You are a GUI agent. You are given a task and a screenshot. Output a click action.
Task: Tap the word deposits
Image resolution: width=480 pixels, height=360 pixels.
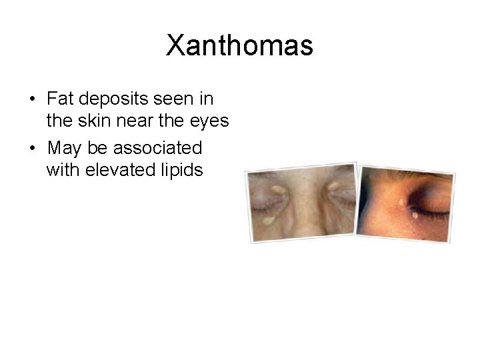click(x=113, y=99)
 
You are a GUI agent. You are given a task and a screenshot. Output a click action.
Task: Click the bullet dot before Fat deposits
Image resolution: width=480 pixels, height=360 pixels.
click(x=33, y=100)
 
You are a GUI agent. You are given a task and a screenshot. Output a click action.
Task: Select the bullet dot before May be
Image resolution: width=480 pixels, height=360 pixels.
click(x=33, y=147)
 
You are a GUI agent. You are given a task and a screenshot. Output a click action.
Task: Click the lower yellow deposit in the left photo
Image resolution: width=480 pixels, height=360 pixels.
click(x=269, y=219)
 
